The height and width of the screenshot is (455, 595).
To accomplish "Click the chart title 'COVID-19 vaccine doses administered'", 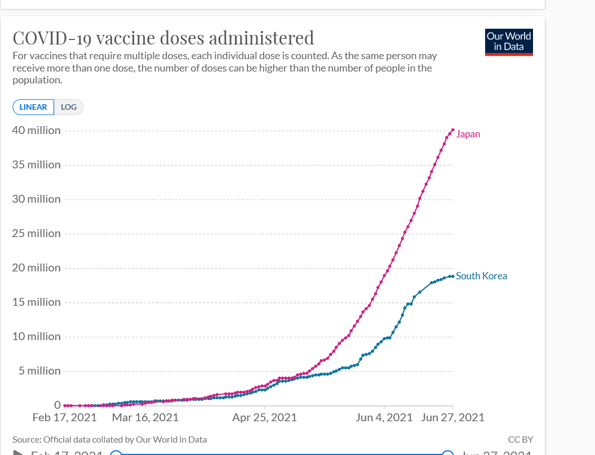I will (x=163, y=38).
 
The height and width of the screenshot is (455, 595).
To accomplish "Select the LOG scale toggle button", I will (x=69, y=107).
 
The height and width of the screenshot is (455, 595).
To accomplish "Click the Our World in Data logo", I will (x=509, y=42).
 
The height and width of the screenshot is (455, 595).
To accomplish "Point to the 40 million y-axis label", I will (x=36, y=130).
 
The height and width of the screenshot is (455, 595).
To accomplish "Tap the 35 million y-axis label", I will (x=36, y=164).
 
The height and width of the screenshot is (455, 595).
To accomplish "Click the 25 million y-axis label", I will (x=36, y=233).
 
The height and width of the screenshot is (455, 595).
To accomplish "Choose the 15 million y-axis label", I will (x=36, y=302).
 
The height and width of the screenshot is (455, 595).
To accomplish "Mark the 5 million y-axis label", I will (x=38, y=371).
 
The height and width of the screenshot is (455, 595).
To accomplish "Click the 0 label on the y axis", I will (x=57, y=405).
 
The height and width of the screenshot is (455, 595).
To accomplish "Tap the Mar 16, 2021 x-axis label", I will (x=145, y=417).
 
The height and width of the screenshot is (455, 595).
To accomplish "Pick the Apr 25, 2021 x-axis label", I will (x=264, y=417).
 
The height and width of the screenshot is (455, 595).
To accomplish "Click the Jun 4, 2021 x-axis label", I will (x=384, y=417).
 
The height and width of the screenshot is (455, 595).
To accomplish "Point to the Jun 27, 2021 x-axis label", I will (x=453, y=417).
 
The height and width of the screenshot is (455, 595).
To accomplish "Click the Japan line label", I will (x=468, y=134).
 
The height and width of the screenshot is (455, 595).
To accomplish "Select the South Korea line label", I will (x=481, y=276).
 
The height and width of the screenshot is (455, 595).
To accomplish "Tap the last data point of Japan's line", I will (x=453, y=130).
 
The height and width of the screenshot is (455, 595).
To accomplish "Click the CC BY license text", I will (x=521, y=439).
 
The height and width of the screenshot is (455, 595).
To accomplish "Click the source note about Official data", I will (x=109, y=439).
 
